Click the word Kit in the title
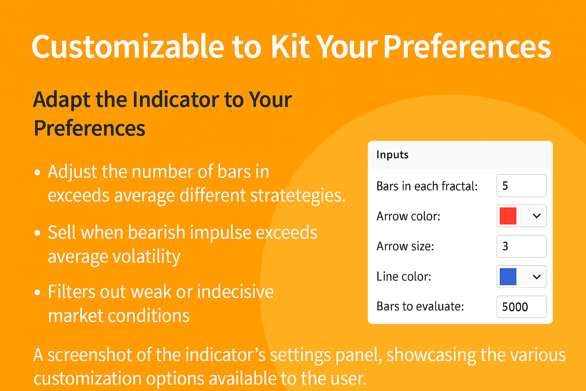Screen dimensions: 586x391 tap(291, 47)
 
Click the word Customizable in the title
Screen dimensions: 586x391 tap(128, 47)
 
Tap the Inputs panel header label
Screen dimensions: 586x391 tap(393, 155)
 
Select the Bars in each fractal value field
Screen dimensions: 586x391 tap(522, 186)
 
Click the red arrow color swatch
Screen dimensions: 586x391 tap(508, 216)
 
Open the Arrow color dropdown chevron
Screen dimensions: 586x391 tap(536, 216)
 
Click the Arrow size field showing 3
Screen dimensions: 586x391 tap(522, 246)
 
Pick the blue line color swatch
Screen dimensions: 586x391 tap(508, 276)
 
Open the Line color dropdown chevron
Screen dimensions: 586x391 tap(536, 277)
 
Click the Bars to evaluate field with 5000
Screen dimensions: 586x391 tap(522, 307)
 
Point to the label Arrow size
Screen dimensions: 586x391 tap(405, 246)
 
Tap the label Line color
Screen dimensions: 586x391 tap(404, 276)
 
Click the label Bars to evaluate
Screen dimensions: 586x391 tap(420, 306)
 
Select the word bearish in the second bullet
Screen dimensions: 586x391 tap(156, 232)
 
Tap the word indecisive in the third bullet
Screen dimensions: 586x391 tap(235, 291)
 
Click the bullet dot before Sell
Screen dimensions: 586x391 tap(37, 233)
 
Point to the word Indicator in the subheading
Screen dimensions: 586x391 tap(176, 100)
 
